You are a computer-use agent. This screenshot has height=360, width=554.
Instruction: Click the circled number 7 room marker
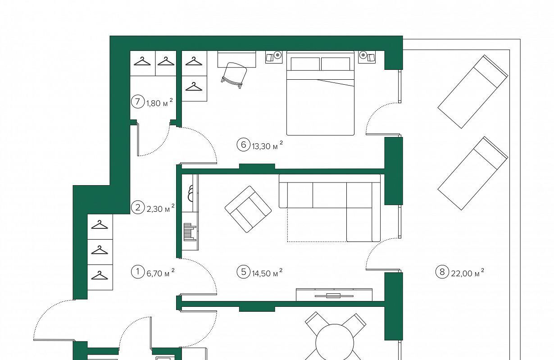pyautogui.click(x=137, y=102)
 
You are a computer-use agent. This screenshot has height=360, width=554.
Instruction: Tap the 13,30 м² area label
pyautogui.click(x=268, y=146)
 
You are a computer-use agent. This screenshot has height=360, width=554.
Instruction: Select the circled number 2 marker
pyautogui.click(x=137, y=208)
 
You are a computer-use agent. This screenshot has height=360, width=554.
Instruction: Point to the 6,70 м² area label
pyautogui.click(x=160, y=273)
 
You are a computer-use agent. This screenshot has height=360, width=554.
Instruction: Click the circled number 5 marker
pyautogui.click(x=244, y=272)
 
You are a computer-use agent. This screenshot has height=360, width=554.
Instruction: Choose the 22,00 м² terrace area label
pyautogui.click(x=468, y=273)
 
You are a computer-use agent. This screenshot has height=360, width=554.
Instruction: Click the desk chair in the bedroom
pyautogui.click(x=234, y=75)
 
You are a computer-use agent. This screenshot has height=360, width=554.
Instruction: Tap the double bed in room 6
pyautogui.click(x=320, y=93)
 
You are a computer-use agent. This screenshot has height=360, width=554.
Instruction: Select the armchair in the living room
pyautogui.click(x=248, y=210)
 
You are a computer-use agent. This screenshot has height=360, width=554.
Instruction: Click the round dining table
pyautogui.click(x=335, y=343)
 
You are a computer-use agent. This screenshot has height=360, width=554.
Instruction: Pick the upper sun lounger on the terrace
pyautogui.click(x=473, y=91)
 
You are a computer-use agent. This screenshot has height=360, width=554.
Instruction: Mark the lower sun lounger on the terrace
pyautogui.click(x=473, y=173)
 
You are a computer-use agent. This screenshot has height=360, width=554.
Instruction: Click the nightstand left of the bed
pyautogui.click(x=274, y=57)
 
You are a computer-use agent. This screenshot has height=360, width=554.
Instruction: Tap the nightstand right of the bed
pyautogui.click(x=367, y=57)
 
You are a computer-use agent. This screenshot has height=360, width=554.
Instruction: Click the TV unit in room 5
pyautogui.click(x=334, y=295)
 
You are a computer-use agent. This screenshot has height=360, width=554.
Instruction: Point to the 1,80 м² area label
pyautogui.click(x=159, y=102)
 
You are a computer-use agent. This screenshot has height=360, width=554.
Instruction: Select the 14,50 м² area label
pyautogui.click(x=268, y=273)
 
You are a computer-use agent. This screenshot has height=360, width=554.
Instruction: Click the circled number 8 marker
pyautogui.click(x=442, y=272)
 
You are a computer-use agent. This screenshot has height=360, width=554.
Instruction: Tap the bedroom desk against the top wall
pyautogui.click(x=236, y=59)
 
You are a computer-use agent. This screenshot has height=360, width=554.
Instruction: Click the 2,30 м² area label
pyautogui.click(x=160, y=208)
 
